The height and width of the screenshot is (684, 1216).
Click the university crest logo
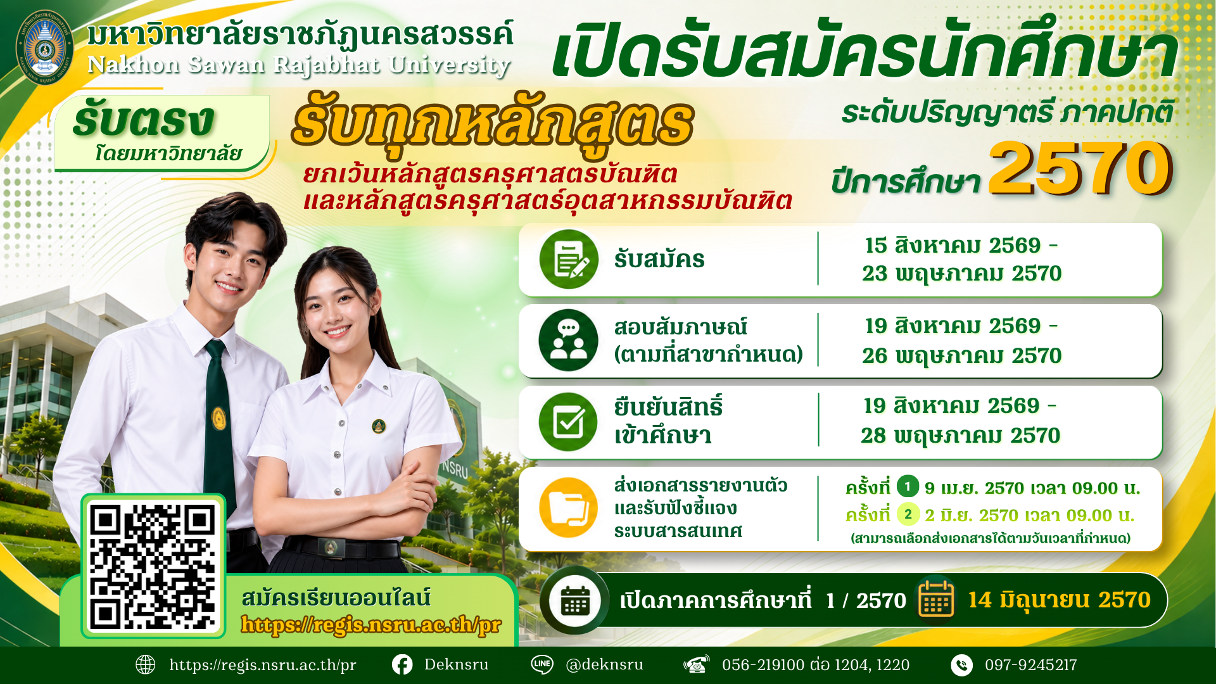(44, 47)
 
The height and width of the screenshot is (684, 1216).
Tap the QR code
(153, 566)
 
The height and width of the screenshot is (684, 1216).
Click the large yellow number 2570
(1080, 168)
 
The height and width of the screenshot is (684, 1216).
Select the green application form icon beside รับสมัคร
(569, 259)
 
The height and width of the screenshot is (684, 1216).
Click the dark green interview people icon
(568, 340)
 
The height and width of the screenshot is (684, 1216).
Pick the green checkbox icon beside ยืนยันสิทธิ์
(568, 422)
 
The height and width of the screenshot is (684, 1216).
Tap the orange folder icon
(568, 508)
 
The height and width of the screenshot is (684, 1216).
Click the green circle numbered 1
(908, 486)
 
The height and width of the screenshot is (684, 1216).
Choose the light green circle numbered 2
(908, 514)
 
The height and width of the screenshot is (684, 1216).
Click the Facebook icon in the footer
(402, 664)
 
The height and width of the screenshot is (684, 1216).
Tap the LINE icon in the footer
(542, 664)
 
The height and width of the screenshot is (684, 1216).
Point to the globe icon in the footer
(146, 664)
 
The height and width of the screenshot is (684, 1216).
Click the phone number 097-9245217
(1030, 665)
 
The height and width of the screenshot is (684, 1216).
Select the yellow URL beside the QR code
(371, 625)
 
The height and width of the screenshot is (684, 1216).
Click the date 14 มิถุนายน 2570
(1059, 600)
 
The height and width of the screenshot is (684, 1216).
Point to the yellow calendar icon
(936, 598)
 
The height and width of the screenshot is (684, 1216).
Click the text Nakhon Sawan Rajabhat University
(299, 65)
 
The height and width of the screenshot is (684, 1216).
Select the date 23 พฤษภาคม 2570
(961, 274)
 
